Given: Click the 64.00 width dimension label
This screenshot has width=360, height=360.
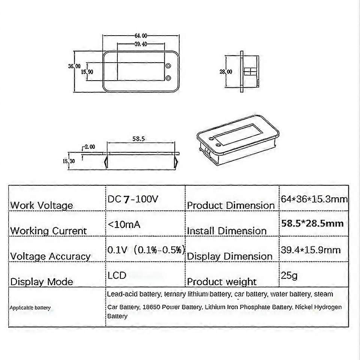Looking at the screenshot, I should tap(140, 36).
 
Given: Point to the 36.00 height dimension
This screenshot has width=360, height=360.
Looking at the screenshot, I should tap(74, 66).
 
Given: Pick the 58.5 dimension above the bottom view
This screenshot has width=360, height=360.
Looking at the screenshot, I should tap(138, 139).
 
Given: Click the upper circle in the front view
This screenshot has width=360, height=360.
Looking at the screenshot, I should tap(168, 66).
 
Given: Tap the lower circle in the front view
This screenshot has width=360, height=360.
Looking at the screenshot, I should tap(168, 78).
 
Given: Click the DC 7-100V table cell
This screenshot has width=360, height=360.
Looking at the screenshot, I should tap(133, 199).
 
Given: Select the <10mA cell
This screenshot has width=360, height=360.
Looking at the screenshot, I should tap(124, 224).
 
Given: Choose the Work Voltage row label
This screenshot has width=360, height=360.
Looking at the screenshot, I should tap(42, 205).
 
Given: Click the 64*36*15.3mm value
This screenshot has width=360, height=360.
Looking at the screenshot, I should tap(314, 199).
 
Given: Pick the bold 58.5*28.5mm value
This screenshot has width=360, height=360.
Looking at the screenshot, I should tap(312, 223).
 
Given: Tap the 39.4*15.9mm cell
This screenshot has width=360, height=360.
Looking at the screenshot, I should tap(310, 250).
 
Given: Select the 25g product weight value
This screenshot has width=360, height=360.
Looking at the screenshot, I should tap(289, 276).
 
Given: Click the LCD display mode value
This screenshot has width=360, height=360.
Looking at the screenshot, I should tap(117, 275).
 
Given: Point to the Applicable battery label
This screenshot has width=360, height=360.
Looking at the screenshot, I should tap(30, 308).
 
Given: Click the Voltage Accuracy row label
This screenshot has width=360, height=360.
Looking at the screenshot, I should tap(50, 256).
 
